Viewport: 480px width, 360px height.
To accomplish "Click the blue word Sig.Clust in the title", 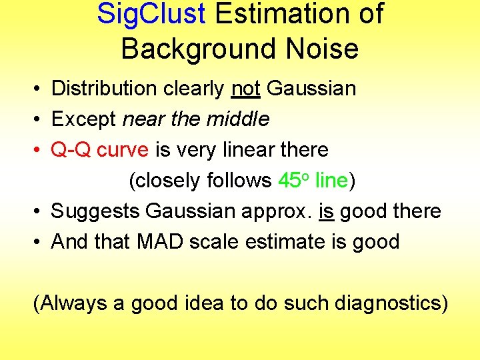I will point(151,14).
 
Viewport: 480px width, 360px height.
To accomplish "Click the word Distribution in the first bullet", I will point(106,88).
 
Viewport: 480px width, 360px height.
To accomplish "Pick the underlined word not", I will point(245,88).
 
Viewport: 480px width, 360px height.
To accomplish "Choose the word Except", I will point(84,119).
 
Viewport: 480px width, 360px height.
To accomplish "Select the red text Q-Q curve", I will point(100,150).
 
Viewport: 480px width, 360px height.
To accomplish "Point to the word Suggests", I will point(95,211).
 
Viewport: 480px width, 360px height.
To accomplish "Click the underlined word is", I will point(327,211).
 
